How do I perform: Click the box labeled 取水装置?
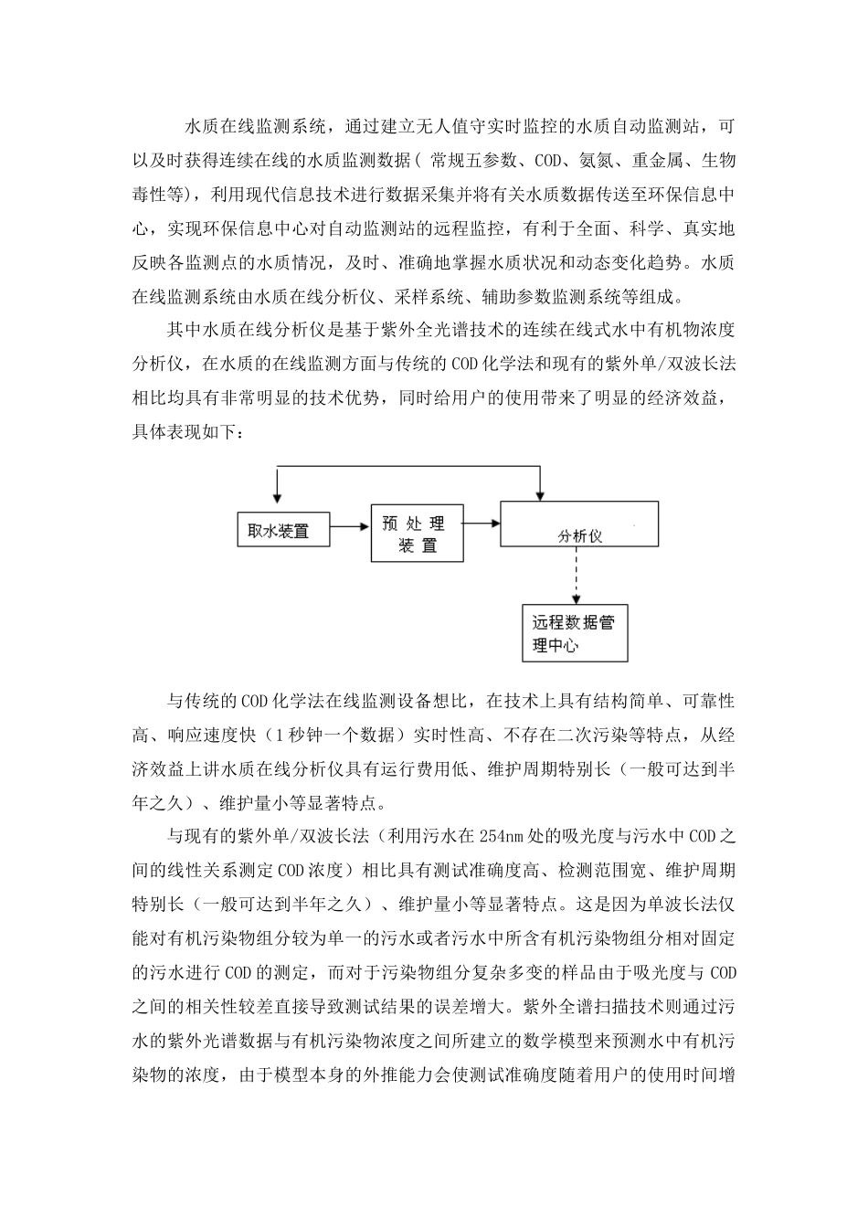click(279, 531)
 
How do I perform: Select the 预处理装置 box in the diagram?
click(417, 534)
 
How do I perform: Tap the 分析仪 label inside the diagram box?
click(580, 537)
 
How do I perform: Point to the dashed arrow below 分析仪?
click(576, 577)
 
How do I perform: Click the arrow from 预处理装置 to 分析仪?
click(482, 524)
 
